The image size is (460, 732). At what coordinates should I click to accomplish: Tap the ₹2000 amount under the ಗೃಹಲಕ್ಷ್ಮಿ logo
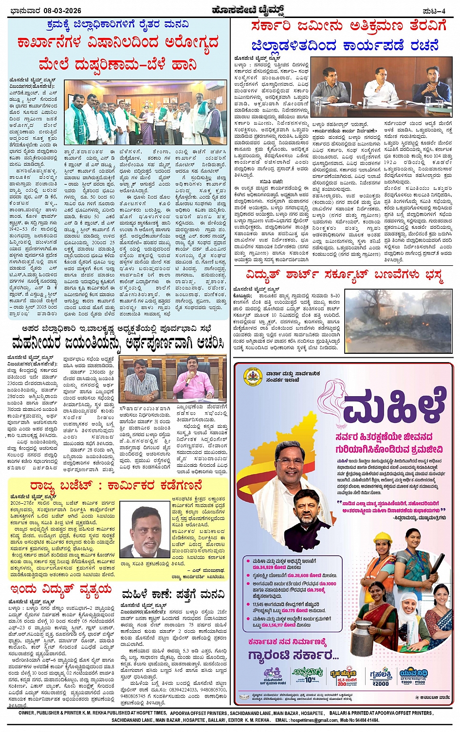pyautogui.click(x=380, y=683)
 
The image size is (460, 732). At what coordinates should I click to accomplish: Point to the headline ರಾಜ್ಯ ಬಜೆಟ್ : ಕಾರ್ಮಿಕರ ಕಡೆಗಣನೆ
pyautogui.click(x=116, y=486)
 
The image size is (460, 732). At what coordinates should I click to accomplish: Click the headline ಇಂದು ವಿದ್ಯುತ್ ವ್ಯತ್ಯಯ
pyautogui.click(x=60, y=590)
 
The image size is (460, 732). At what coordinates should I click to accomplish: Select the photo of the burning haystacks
pyautogui.click(x=399, y=322)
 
